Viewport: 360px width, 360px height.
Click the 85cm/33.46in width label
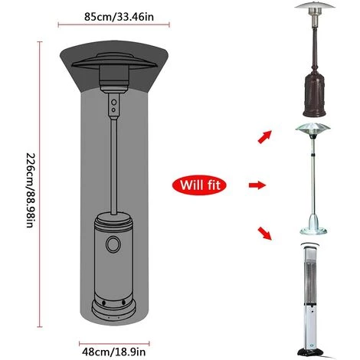click(119, 17)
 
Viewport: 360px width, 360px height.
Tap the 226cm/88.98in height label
click(30, 190)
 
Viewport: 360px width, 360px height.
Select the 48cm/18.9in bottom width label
click(113, 352)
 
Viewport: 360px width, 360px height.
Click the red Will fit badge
click(200, 185)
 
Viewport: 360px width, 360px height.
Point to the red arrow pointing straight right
click(257, 185)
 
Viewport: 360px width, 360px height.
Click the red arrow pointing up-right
click(265, 136)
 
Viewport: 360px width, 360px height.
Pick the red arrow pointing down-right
click(264, 233)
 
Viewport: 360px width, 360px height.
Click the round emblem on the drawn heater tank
click(113, 244)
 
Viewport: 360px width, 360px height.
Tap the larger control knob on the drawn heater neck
click(114, 102)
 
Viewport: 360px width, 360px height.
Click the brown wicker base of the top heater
click(314, 96)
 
